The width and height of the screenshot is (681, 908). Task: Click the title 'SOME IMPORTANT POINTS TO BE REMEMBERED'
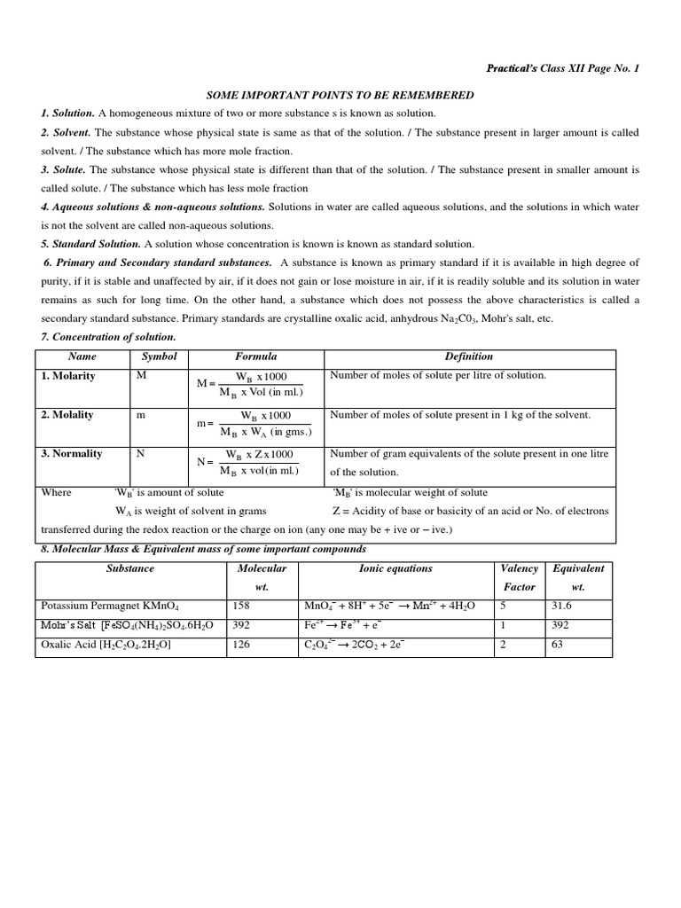point(340,95)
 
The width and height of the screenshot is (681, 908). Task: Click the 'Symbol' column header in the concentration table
point(160,356)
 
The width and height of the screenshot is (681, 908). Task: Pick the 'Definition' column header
point(469,356)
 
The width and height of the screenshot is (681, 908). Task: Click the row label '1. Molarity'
point(68,376)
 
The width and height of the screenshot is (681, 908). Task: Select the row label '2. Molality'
point(67,415)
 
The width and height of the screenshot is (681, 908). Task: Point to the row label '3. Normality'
point(72,454)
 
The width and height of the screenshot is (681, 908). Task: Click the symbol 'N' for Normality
point(139,454)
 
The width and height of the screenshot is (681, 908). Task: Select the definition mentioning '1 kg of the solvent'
point(459,415)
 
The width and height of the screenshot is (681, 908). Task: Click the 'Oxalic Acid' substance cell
point(106,645)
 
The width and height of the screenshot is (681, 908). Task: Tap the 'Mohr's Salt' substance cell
point(127,625)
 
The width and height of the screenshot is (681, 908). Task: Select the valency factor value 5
point(505,606)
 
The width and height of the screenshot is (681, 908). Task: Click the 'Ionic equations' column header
point(395,568)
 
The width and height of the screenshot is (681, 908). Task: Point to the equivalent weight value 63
point(558,645)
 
